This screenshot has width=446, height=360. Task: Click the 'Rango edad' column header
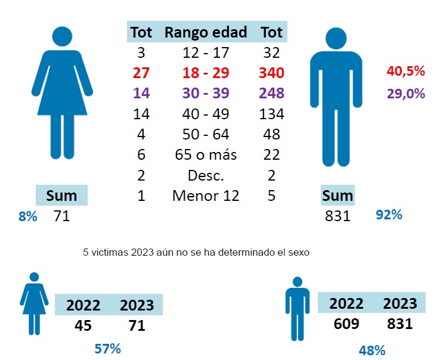click(205, 32)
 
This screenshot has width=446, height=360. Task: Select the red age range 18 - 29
click(205, 73)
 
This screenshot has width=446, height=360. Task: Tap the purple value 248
click(271, 94)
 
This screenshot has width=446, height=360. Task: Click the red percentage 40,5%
click(406, 72)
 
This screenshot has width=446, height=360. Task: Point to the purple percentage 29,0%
click(406, 94)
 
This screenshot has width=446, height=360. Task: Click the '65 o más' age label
click(205, 155)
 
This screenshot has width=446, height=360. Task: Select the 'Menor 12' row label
click(205, 195)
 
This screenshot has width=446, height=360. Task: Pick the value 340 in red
click(271, 73)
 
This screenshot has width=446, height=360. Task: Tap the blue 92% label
click(389, 215)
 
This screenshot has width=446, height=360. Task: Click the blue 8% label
click(27, 216)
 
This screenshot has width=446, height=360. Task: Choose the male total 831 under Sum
click(337, 216)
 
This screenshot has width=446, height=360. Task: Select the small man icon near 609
click(297, 307)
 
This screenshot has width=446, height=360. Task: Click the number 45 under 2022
click(83, 325)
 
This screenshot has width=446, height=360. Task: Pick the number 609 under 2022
click(346, 324)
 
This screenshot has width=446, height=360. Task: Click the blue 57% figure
click(108, 349)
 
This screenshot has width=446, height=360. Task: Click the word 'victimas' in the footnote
click(110, 252)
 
